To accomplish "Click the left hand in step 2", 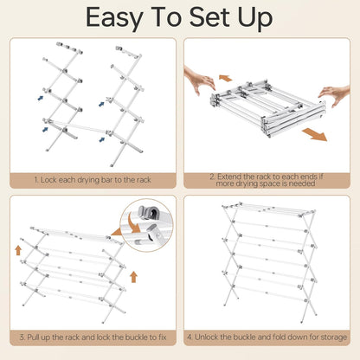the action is point(200,80).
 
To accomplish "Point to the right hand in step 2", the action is point(335,95).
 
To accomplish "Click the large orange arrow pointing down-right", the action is point(315,135).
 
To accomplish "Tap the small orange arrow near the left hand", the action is point(225,78).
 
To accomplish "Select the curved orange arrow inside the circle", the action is point(134,223).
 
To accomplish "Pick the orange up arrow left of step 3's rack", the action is point(18,250).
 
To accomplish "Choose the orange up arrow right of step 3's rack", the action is point(133,277).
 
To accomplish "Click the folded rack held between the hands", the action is point(269,108).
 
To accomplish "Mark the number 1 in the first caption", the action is point(35,180).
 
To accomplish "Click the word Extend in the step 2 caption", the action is point(230,177).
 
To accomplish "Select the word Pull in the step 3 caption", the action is point(33,337).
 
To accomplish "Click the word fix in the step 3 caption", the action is point(163,337).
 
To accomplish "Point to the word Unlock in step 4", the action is point(206,337).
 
